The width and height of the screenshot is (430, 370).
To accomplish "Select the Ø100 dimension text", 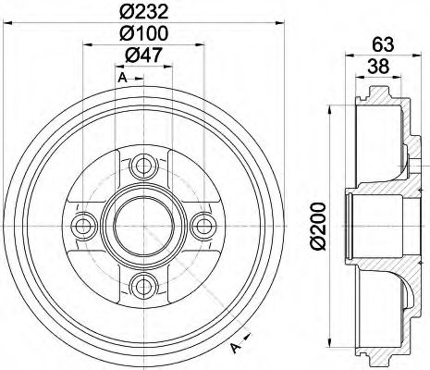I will [143, 33].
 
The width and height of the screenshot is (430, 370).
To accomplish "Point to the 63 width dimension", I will [382, 43].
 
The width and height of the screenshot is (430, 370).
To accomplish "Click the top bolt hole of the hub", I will [142, 167].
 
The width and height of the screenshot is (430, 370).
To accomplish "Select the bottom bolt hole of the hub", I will [142, 282].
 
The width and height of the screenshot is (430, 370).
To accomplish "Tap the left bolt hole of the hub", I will [85, 225].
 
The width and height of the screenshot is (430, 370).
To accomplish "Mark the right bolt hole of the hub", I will [200, 225].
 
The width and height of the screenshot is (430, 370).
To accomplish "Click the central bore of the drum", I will [142, 225].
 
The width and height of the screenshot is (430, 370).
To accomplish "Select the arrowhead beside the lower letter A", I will [248, 336].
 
